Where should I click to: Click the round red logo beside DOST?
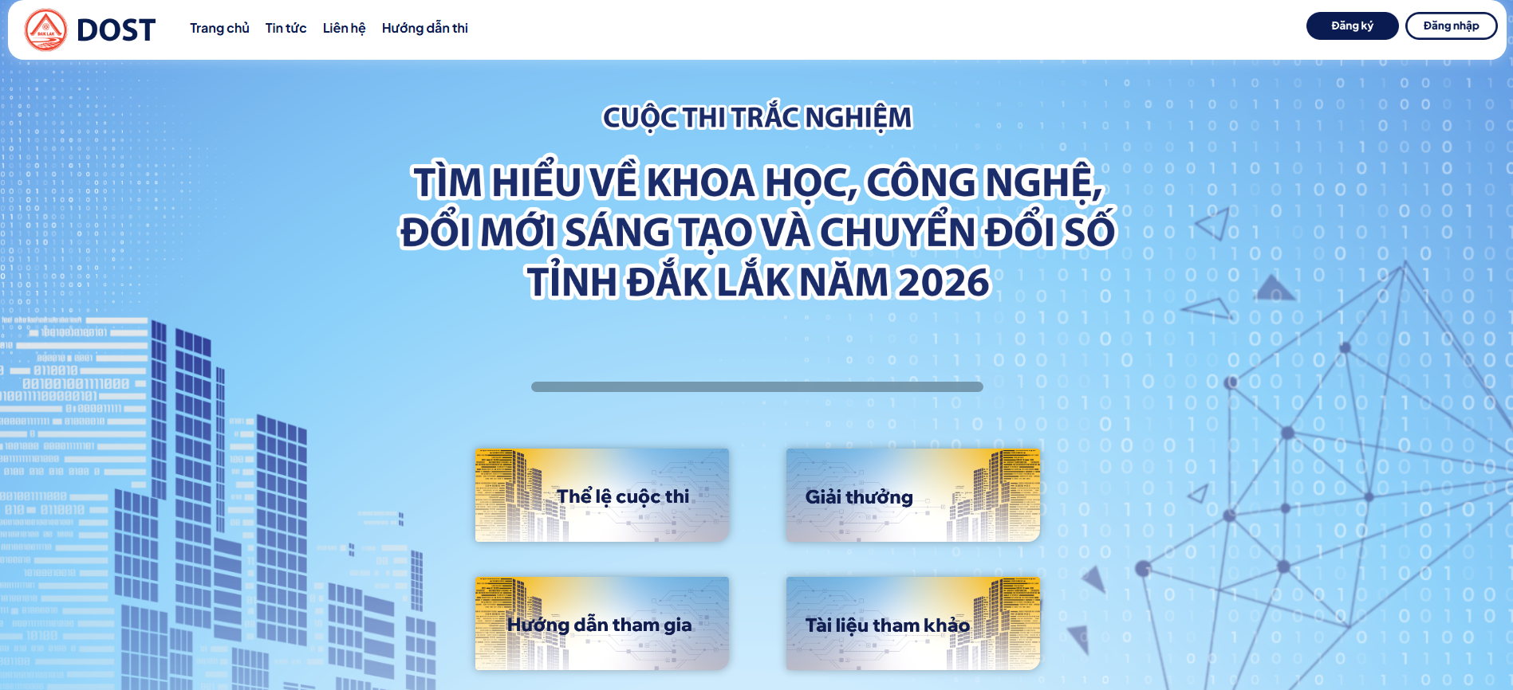coord(46,29)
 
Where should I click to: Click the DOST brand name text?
coord(116,30)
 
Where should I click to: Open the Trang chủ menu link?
coord(219,29)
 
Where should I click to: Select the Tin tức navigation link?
coord(286,29)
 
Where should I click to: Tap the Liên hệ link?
coord(344,29)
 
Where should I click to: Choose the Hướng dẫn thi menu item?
coord(425,29)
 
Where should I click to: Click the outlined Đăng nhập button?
coord(1451,25)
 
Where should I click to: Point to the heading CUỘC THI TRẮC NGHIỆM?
coord(757,118)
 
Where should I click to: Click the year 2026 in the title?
coord(944,283)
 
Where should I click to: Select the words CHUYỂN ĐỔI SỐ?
coord(967,233)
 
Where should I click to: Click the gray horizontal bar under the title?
coord(757,386)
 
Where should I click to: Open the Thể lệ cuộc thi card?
coord(602,496)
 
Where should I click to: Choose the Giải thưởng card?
coord(913,496)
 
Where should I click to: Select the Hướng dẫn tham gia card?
coord(602,624)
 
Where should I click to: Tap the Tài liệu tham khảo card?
coord(913,624)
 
